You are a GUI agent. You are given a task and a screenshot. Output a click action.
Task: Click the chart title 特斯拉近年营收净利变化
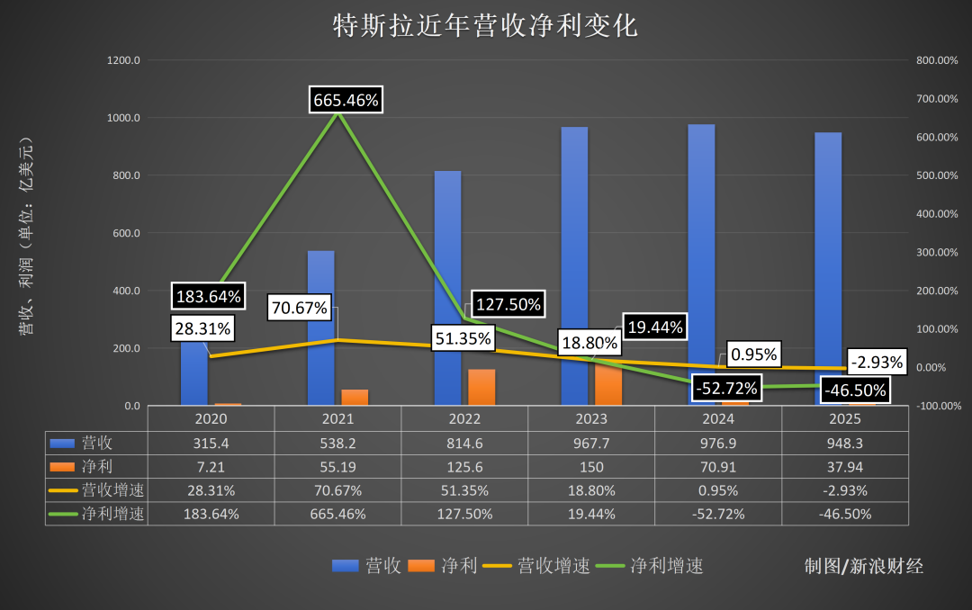486,25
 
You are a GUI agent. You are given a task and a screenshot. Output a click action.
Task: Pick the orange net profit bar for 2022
481,387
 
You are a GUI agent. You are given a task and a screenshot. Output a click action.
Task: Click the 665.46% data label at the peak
346,100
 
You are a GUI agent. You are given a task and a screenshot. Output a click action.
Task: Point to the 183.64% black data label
208,296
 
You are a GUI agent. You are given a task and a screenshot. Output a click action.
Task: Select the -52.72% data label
726,389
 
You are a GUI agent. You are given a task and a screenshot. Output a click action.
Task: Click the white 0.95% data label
753,354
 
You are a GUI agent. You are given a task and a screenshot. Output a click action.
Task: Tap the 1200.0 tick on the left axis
123,60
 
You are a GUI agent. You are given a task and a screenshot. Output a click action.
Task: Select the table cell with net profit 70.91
717,467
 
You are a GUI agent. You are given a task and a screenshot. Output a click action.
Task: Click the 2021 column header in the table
337,418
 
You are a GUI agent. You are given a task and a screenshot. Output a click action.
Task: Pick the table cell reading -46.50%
844,515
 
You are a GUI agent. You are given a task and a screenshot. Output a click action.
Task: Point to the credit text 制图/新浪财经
863,566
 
